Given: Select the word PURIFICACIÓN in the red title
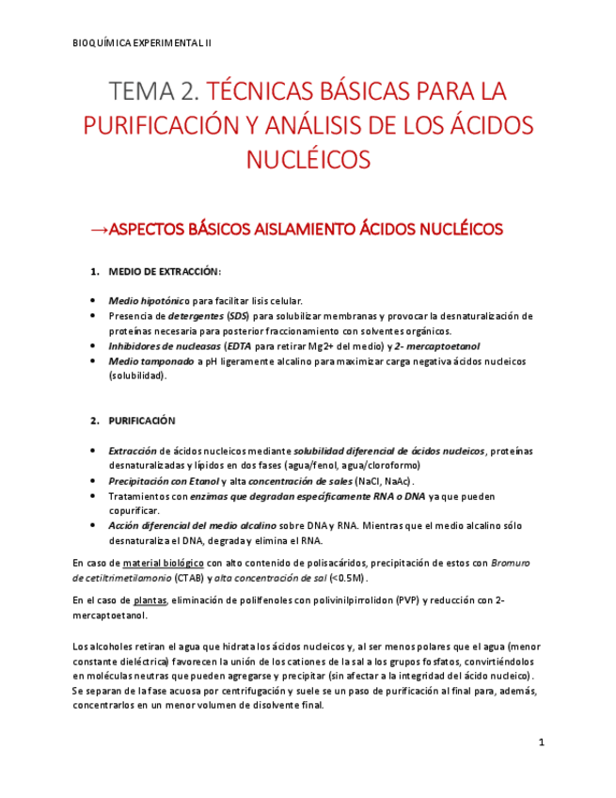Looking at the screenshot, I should [160, 125].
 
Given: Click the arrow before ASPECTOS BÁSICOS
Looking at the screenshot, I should [98, 230].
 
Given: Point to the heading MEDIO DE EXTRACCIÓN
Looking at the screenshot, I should [165, 272].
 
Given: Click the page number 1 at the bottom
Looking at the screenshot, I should [542, 742].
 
